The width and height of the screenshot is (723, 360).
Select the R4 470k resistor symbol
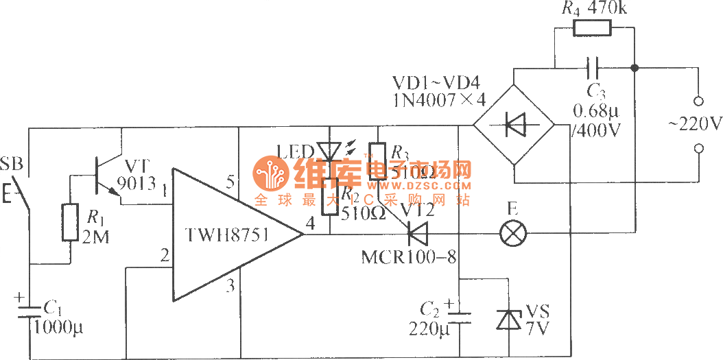tap(592, 28)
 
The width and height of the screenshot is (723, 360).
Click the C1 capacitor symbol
tap(29, 312)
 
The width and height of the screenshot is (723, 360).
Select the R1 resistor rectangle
tap(70, 221)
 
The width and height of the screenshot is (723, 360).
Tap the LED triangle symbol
tap(329, 152)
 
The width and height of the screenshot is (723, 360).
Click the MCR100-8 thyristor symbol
tap(415, 235)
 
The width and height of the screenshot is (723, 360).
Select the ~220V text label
tap(695, 125)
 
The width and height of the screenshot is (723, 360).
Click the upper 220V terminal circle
tap(699, 101)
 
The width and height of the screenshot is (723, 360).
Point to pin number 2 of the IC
tap(163, 256)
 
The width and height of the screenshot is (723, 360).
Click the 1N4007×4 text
tap(440, 101)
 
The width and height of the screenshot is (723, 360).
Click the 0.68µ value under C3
tap(595, 111)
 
